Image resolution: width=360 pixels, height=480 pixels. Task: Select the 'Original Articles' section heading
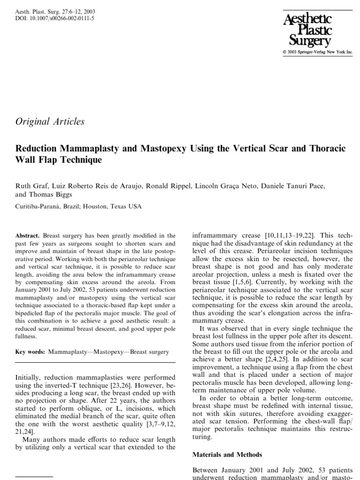(50, 121)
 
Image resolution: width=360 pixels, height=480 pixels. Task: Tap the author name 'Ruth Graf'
(31, 186)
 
